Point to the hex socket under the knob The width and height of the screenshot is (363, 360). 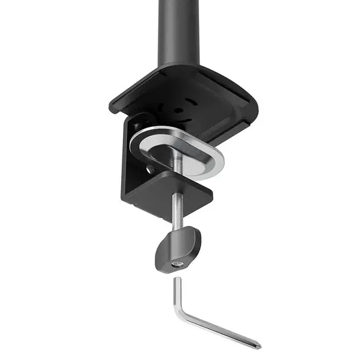pyautogui.click(x=177, y=265)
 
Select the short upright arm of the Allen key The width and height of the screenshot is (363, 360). pyautogui.click(x=178, y=297)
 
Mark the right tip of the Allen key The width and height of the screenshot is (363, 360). pyautogui.click(x=258, y=345)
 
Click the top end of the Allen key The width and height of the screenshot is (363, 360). pyautogui.click(x=177, y=280)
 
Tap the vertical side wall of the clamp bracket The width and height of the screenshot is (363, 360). pyautogui.click(x=132, y=165)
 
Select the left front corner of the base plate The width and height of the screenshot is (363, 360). pyautogui.click(x=114, y=107)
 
